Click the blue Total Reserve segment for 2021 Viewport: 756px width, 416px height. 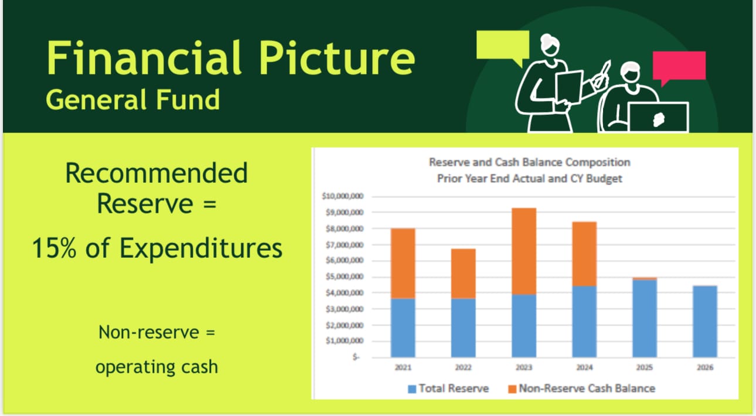coord(403,328)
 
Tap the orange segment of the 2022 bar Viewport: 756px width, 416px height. coord(463,274)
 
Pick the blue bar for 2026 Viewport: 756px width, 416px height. coord(704,321)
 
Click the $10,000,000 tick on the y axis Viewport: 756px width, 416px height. coord(343,196)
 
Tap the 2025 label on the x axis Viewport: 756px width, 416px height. coord(644,368)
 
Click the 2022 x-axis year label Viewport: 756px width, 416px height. coord(463,368)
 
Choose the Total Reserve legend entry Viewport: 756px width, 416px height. coord(448,388)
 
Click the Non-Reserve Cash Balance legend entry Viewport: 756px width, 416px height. coord(581,388)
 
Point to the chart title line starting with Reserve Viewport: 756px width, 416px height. coord(529,162)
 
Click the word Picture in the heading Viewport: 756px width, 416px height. coord(337,59)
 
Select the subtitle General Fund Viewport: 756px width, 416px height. coord(133,100)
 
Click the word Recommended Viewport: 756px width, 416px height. coord(156,173)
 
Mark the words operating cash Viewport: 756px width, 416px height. coord(156,367)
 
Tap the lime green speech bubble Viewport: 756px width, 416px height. coord(502,46)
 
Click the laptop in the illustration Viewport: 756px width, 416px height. coord(658,117)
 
